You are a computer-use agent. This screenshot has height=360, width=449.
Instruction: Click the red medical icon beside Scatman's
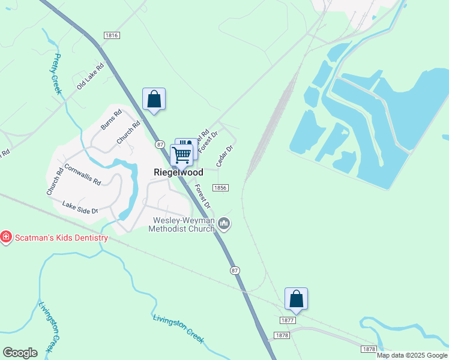tap(6, 238)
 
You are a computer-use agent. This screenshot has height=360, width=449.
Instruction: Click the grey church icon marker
tap(224, 224)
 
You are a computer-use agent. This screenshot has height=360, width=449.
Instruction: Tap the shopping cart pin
tap(181, 155)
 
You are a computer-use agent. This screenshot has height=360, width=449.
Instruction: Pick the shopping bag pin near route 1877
tap(296, 299)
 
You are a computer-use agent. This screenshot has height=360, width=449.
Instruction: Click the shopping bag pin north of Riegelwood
tap(154, 100)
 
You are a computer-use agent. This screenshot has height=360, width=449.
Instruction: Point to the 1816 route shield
tap(112, 35)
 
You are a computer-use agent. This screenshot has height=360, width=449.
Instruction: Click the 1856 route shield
tap(220, 188)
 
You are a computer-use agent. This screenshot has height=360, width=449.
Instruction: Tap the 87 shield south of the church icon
tap(235, 271)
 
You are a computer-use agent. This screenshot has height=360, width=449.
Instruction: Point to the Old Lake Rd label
tap(90, 76)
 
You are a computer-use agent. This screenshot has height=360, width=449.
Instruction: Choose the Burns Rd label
tap(111, 119)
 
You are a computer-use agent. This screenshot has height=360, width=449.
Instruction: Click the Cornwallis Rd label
tap(82, 174)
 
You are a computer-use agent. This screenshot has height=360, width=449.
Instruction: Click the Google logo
tap(20, 353)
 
